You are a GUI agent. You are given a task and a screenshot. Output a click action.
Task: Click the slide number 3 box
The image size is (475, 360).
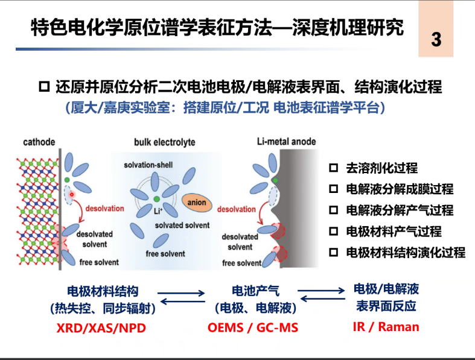point(436,40)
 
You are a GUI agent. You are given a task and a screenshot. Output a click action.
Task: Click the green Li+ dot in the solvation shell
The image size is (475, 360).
point(156,199)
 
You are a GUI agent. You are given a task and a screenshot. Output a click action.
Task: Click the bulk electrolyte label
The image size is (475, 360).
point(165,142)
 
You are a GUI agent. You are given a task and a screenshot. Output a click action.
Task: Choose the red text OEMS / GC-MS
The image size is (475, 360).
point(253,327)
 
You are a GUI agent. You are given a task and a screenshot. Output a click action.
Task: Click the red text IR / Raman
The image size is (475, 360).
point(386,327)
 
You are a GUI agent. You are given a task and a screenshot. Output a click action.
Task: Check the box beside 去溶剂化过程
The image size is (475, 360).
point(334,168)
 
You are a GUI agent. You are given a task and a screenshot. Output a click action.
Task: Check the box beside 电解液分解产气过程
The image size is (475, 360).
point(334,210)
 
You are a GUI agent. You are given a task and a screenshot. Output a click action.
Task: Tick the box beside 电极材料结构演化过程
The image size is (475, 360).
point(334,253)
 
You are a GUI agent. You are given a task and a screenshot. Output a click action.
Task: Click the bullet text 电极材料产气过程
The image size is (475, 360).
point(393,232)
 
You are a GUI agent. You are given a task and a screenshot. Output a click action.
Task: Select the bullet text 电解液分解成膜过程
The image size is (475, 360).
point(399,189)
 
